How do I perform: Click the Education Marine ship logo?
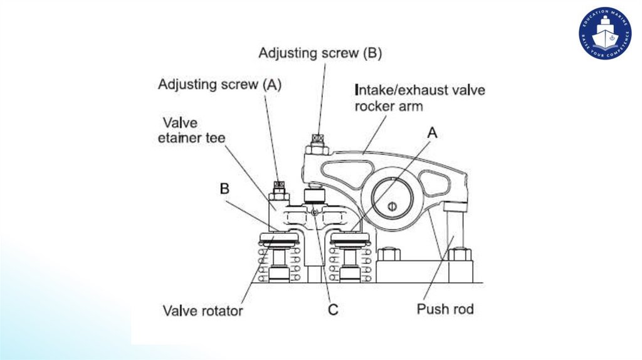[604, 33]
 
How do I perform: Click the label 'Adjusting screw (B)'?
[320, 53]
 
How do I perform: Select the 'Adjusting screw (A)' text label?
[219, 84]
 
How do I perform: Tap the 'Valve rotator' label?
[203, 310]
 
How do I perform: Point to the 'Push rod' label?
[445, 309]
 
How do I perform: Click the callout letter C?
[333, 309]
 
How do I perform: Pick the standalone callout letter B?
[224, 187]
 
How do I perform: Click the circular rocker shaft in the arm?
[391, 203]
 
